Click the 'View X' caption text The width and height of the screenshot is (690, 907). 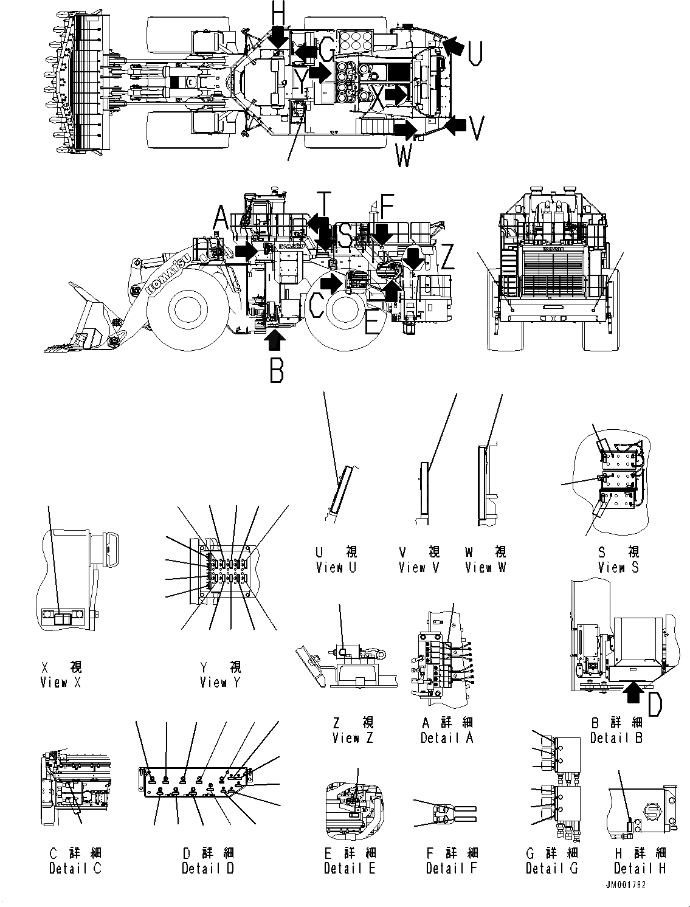point(61,683)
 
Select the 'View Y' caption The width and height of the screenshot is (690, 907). point(221,683)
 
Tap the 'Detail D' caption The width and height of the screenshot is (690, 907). point(208,868)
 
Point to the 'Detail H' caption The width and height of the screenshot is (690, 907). point(640,868)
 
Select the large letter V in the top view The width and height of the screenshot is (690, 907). point(478,128)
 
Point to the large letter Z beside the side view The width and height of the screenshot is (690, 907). point(447,258)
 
